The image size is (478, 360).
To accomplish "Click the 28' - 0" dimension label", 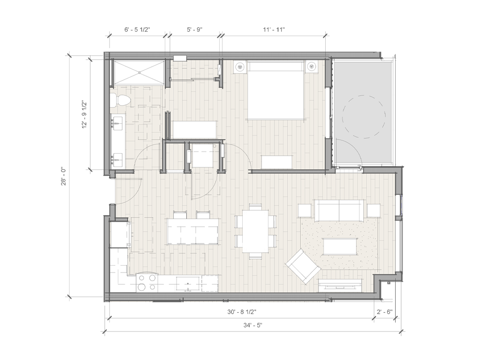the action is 63,176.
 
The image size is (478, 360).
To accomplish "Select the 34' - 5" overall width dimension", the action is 253,325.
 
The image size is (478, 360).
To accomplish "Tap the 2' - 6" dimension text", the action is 384,312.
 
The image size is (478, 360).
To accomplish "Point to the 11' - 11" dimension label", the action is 274,29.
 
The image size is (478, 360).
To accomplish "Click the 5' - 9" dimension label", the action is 195,29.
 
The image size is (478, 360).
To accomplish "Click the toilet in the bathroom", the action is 121,100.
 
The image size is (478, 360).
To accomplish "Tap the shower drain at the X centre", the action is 139,73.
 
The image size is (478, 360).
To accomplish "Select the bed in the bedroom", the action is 276,90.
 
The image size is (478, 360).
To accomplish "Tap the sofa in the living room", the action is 339,210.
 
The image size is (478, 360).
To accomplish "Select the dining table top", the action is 255,231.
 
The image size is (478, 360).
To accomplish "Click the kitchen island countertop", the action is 192,231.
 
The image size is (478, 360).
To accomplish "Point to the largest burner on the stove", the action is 142,287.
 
